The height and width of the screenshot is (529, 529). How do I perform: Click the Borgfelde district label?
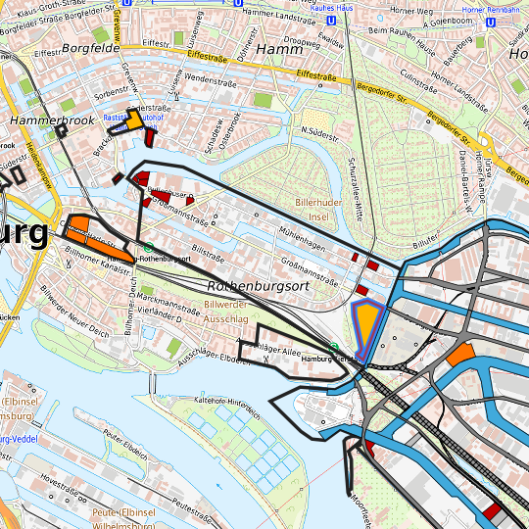pyautogui.click(x=90, y=46)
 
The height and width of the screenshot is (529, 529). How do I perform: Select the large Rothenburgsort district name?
pyautogui.click(x=258, y=286)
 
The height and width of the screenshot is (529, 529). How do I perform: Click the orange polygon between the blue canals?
pyautogui.click(x=460, y=355)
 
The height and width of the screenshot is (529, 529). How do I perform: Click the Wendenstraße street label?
pyautogui.click(x=205, y=77)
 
